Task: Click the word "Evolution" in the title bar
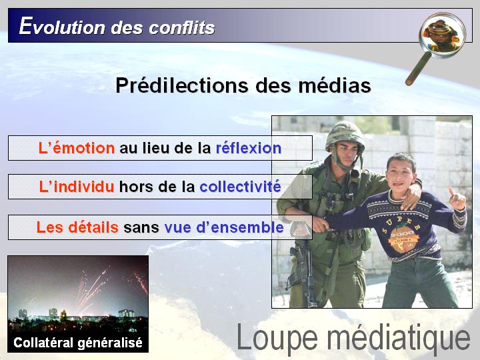coord(62,26)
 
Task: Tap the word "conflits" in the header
coord(182,27)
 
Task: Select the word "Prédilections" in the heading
coord(182,85)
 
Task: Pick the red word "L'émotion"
coord(77,148)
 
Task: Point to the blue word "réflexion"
coord(249,148)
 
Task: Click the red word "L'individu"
coord(77,187)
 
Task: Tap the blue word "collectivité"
coord(240,187)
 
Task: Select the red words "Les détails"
coord(77,227)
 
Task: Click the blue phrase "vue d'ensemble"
coord(224,227)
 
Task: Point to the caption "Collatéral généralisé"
coord(78,343)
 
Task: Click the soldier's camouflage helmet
coord(345,135)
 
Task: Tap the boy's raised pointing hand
coord(457,199)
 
